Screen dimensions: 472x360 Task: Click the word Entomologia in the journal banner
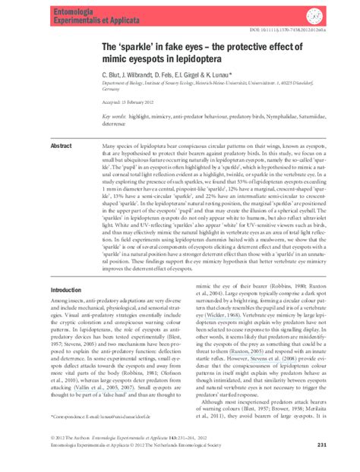click(72, 7)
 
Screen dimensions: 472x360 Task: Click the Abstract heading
click(61, 145)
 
